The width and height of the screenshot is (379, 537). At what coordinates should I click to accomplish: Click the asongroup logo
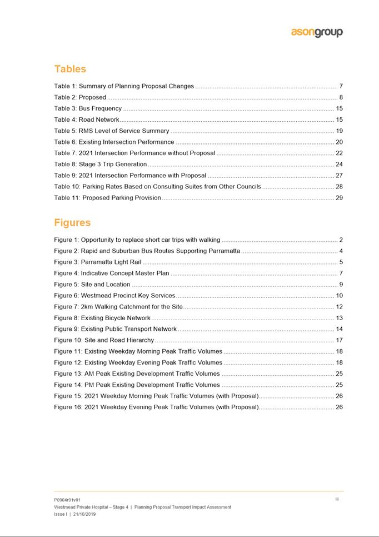click(x=317, y=32)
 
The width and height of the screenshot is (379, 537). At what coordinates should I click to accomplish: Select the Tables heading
click(x=70, y=69)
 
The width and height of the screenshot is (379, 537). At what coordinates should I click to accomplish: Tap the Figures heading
click(x=72, y=223)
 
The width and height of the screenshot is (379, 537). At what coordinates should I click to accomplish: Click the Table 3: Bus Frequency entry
click(x=88, y=108)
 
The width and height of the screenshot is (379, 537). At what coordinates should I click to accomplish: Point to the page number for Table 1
click(x=341, y=86)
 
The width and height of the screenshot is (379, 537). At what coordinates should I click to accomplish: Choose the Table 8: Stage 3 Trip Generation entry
click(x=101, y=165)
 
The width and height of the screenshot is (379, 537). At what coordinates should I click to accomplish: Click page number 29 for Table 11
click(x=339, y=198)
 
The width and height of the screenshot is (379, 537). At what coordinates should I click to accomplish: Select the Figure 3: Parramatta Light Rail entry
click(x=98, y=262)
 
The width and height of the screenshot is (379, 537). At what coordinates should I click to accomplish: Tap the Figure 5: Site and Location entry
click(x=92, y=285)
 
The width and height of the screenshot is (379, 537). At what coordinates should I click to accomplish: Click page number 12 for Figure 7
click(x=339, y=307)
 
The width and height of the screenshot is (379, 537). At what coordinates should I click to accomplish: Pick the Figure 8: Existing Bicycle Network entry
click(x=102, y=318)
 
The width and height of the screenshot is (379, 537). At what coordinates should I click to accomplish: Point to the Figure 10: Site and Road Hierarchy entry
click(x=104, y=340)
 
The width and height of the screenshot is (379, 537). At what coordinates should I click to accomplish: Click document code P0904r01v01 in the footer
click(x=67, y=500)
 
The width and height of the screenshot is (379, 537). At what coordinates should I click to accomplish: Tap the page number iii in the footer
click(x=337, y=499)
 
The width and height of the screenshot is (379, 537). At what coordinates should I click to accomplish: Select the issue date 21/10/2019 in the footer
click(x=82, y=514)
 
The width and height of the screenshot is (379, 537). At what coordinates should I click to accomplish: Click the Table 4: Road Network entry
click(x=87, y=120)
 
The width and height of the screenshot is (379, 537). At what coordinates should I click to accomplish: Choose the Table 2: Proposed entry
click(x=80, y=97)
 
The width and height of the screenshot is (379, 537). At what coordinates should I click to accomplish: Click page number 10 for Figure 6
click(x=339, y=296)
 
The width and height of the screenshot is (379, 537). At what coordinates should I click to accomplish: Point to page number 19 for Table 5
click(x=339, y=131)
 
